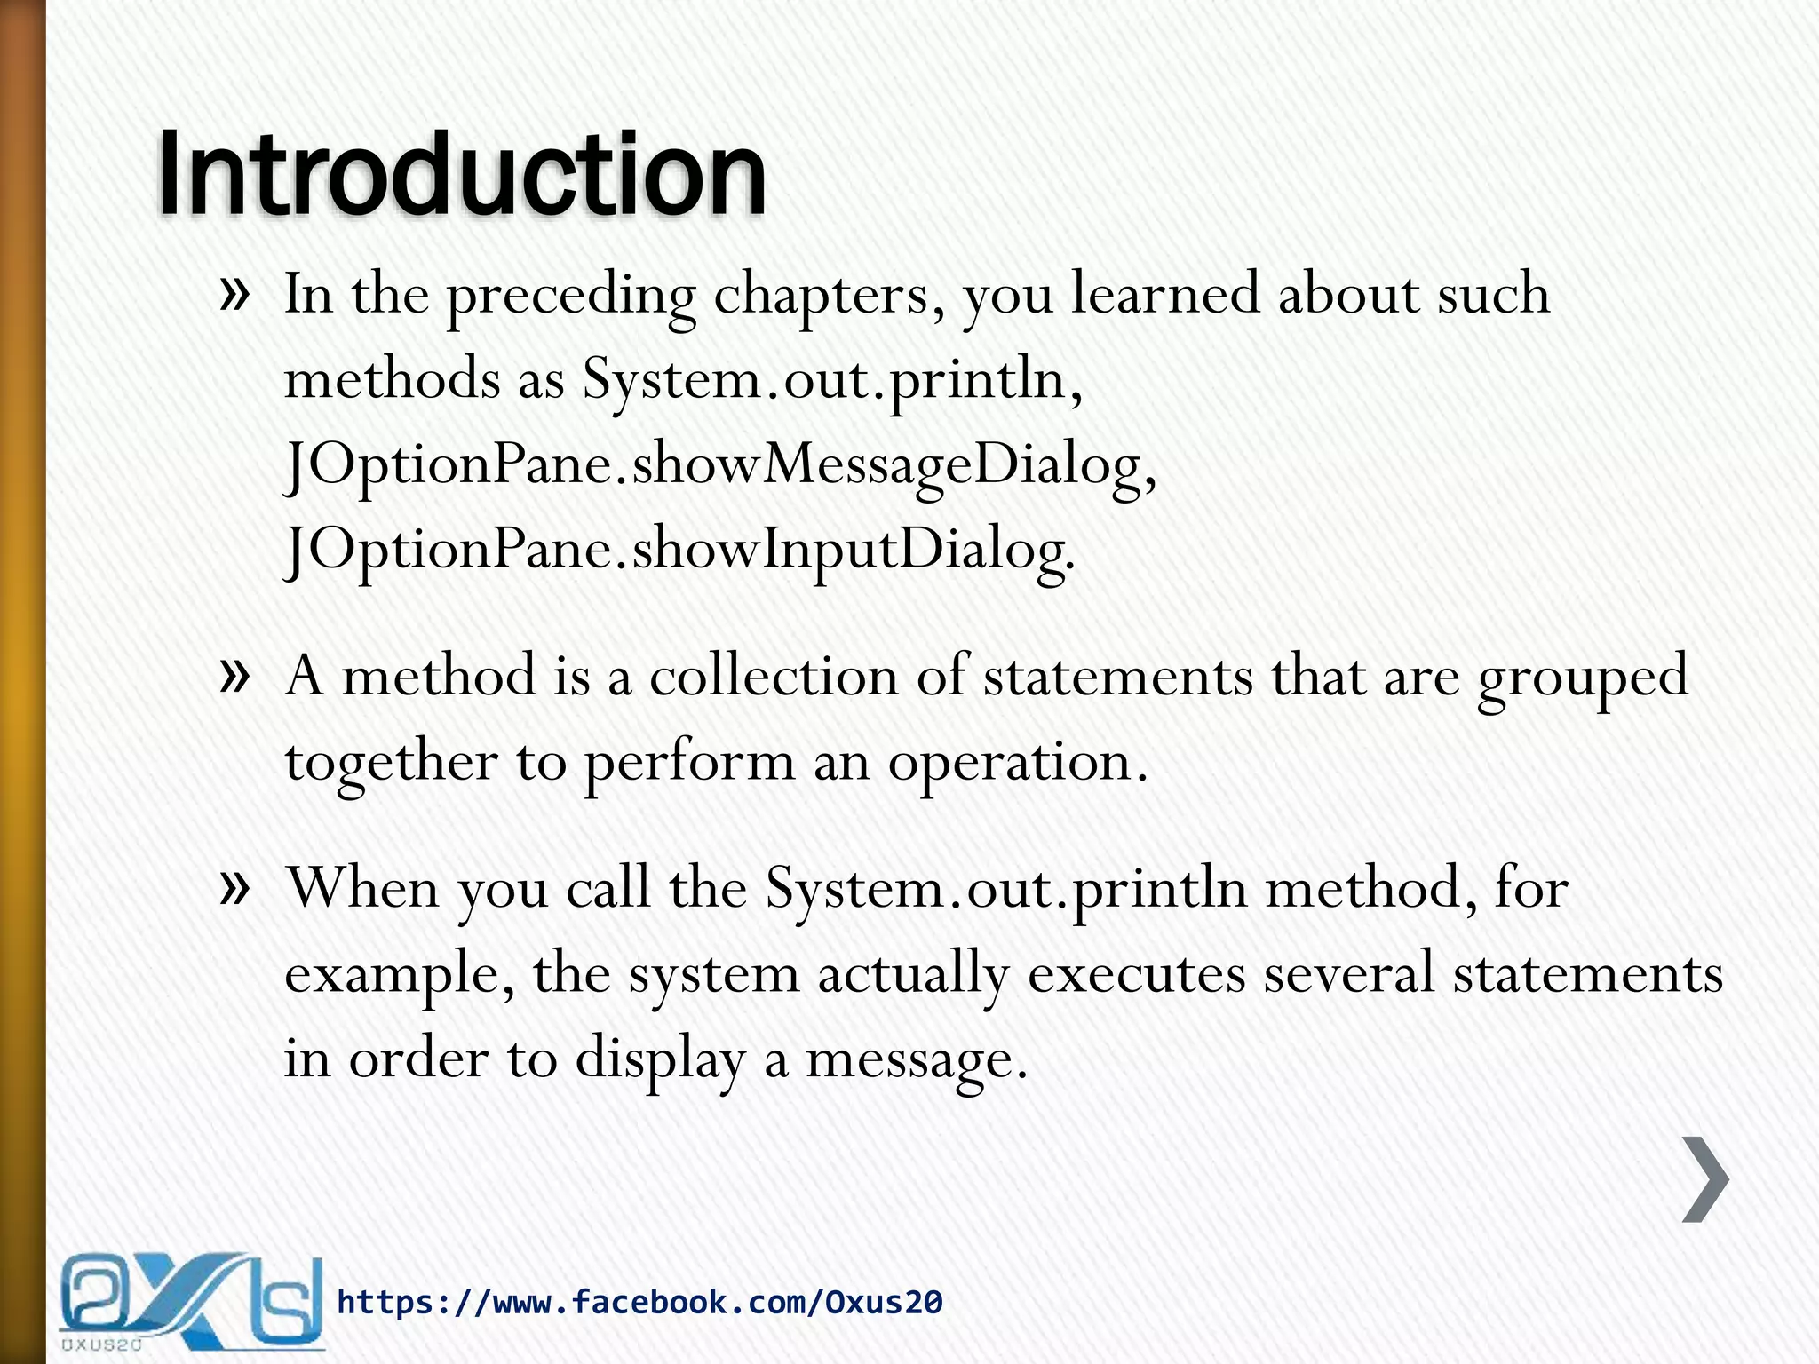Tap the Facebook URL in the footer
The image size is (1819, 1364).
[639, 1302]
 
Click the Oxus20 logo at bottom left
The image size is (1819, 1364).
[191, 1301]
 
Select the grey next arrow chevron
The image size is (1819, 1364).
[1705, 1178]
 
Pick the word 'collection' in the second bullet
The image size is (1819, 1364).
[774, 676]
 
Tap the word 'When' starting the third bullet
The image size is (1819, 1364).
[362, 887]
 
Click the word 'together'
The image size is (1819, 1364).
[391, 762]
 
